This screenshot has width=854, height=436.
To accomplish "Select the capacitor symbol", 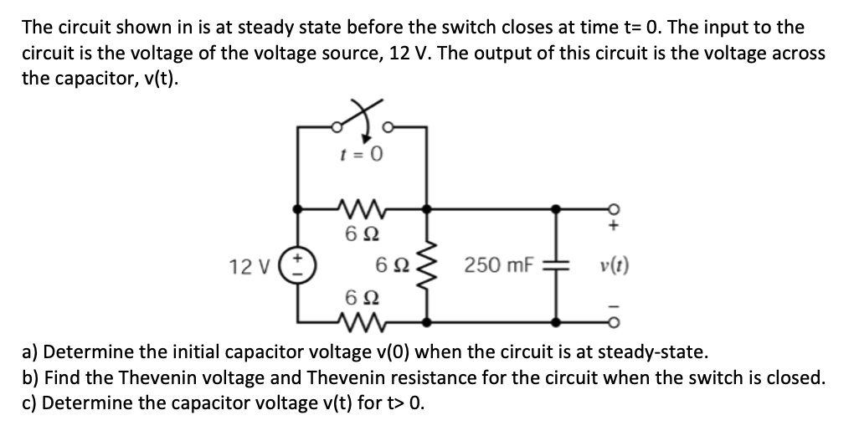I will [554, 265].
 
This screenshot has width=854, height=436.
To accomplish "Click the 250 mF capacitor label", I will [492, 267].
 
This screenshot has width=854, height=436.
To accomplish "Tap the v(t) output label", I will [615, 268].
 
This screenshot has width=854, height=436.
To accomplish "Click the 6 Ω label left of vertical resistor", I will [394, 267].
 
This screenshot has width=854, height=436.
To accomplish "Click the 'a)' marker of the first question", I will [28, 350].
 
